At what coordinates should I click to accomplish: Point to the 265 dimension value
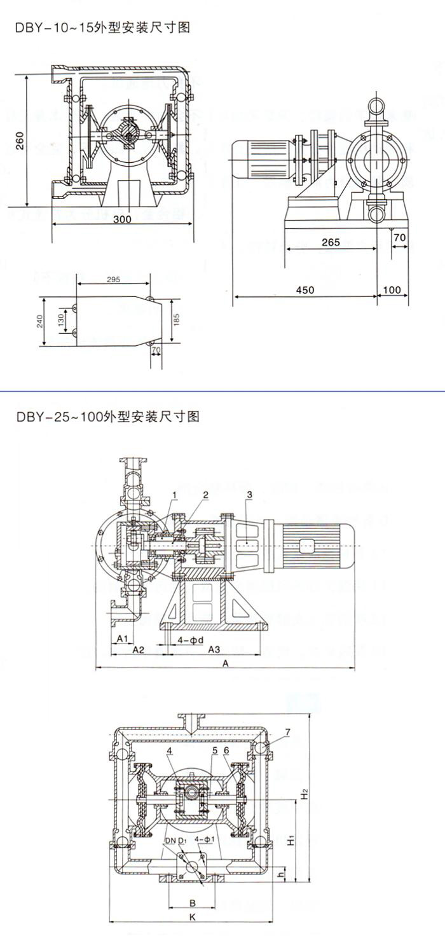click(x=331, y=242)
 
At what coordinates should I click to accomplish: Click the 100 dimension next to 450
click(x=392, y=289)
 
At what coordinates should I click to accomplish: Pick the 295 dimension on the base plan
click(x=113, y=280)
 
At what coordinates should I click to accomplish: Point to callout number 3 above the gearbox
click(x=250, y=495)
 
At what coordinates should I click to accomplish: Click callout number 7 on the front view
click(x=287, y=733)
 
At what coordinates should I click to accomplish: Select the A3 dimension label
click(x=214, y=649)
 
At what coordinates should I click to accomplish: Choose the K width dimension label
click(x=191, y=916)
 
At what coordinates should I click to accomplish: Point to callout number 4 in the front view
click(x=170, y=751)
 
